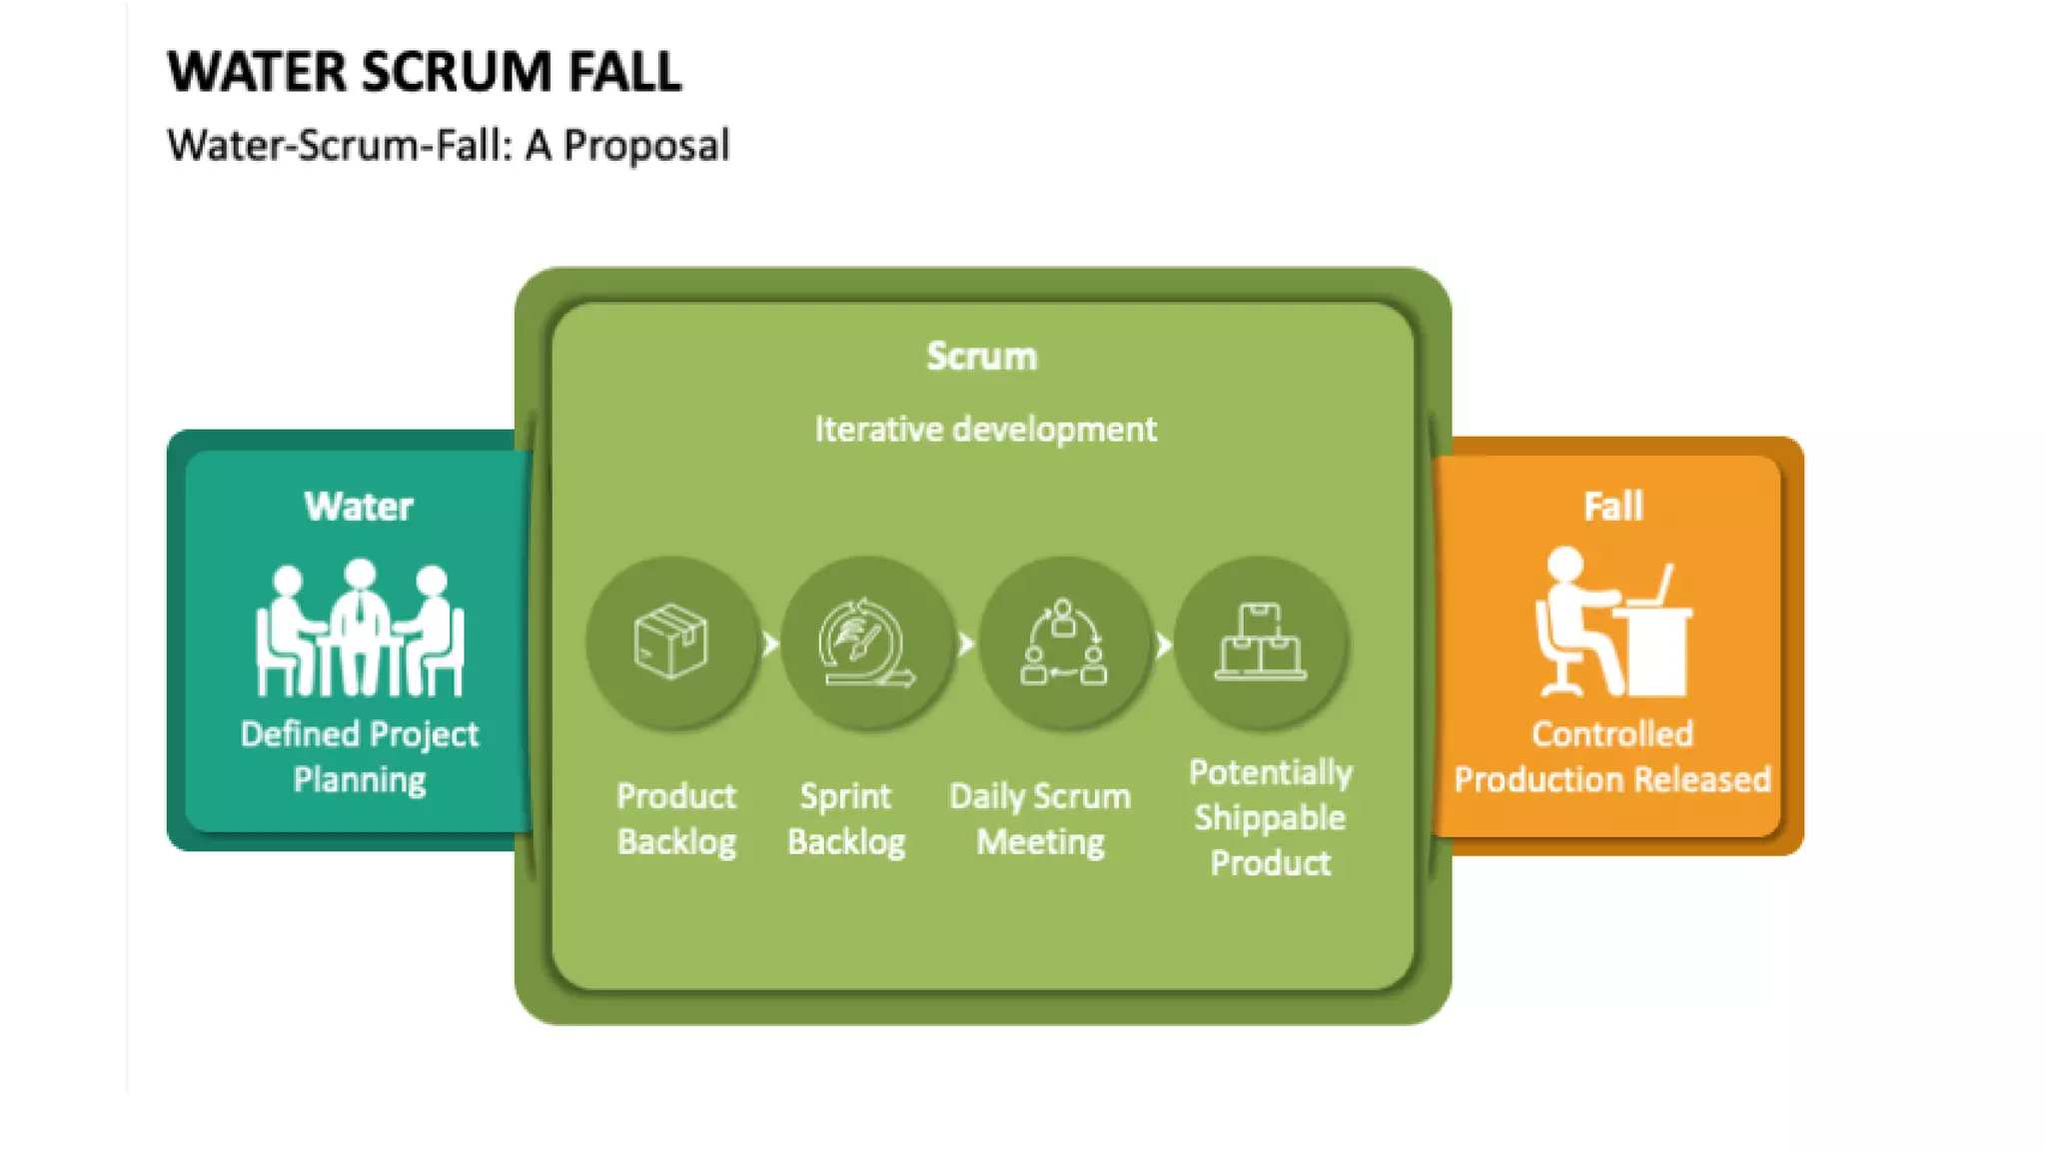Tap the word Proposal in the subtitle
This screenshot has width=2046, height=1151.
(646, 146)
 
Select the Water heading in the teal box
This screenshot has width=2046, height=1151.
(358, 507)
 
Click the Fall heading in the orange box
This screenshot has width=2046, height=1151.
(1612, 507)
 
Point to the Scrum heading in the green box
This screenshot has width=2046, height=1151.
(981, 357)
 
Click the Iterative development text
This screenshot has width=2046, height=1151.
(985, 430)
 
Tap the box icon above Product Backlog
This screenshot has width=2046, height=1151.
(671, 641)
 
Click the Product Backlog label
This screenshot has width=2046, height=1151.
(676, 818)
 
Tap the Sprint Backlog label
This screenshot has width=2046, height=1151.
(846, 818)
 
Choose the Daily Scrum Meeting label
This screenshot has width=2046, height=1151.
(1040, 818)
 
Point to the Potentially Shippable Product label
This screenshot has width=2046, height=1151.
(1270, 817)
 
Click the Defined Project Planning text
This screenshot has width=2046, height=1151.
(359, 756)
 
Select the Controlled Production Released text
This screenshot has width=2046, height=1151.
(1611, 756)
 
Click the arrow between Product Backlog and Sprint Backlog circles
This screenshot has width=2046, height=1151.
(770, 643)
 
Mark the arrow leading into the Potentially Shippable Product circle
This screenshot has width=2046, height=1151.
(1164, 644)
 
